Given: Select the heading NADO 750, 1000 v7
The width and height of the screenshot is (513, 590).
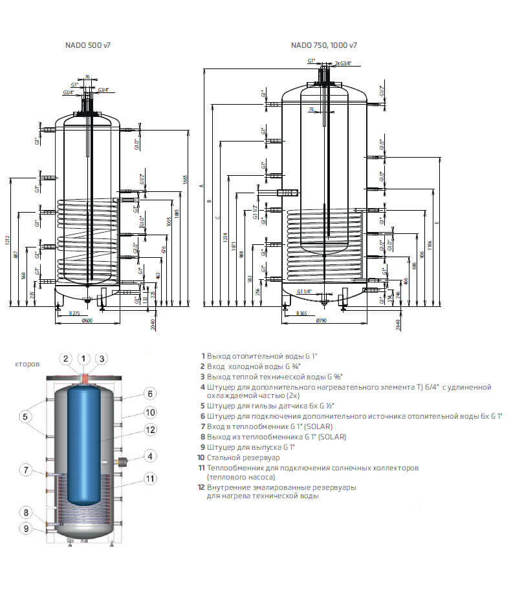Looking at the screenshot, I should [323, 45].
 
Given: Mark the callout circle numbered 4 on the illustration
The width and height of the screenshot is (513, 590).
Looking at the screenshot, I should [149, 456].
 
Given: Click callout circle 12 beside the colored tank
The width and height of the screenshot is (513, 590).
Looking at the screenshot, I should [149, 429].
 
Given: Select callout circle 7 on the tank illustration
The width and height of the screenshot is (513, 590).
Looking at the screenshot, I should [25, 470].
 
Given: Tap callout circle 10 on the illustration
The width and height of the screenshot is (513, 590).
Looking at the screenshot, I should [149, 412].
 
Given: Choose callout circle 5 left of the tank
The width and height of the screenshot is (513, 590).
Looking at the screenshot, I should [25, 417].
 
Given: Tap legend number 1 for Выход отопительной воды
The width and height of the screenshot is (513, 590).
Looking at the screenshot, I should [202, 355].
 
